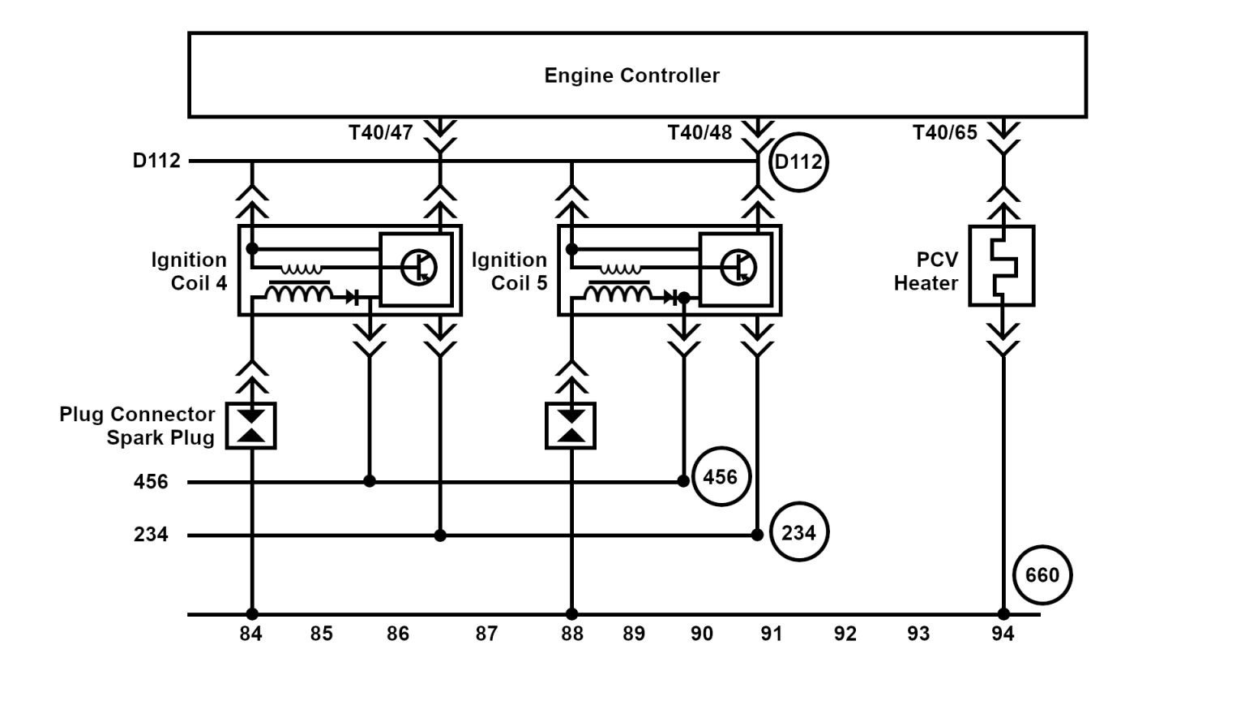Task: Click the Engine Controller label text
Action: (x=631, y=75)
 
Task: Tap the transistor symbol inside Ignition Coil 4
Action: (x=419, y=267)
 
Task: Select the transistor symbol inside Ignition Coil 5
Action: (x=738, y=267)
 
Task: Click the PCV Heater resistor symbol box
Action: (x=1002, y=265)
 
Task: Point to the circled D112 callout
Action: (x=798, y=161)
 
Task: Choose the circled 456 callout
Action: (x=721, y=476)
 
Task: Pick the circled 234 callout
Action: (x=798, y=533)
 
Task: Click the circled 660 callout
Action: (x=1042, y=575)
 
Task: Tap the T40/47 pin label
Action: (x=381, y=132)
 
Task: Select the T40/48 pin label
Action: (x=700, y=132)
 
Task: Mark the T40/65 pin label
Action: (x=945, y=132)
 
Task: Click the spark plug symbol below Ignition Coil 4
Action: (x=252, y=426)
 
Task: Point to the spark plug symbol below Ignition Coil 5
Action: (x=571, y=426)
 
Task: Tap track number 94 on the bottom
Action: (x=1003, y=634)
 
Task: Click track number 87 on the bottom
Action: (x=486, y=634)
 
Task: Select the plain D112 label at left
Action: (x=156, y=161)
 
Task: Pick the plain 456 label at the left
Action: (x=151, y=482)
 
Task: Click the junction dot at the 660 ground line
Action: (x=1003, y=614)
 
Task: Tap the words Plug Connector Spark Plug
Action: (x=137, y=426)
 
